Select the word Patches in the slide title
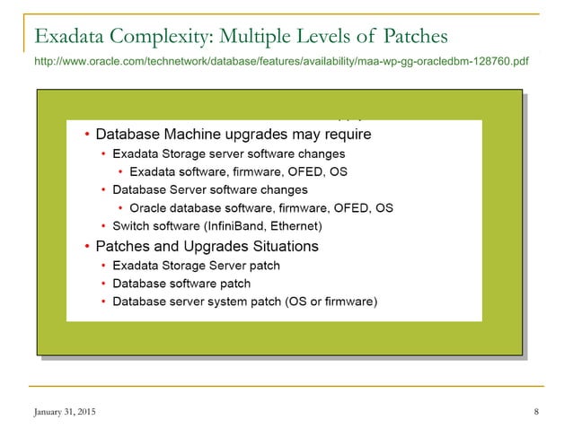(416, 37)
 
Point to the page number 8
(535, 412)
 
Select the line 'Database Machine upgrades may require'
(233, 135)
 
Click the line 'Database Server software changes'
(209, 189)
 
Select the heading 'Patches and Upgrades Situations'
(207, 245)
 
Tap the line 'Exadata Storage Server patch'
(196, 265)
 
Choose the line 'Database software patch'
(181, 283)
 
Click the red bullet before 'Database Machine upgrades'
(86, 136)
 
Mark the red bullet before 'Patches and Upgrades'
(86, 246)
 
